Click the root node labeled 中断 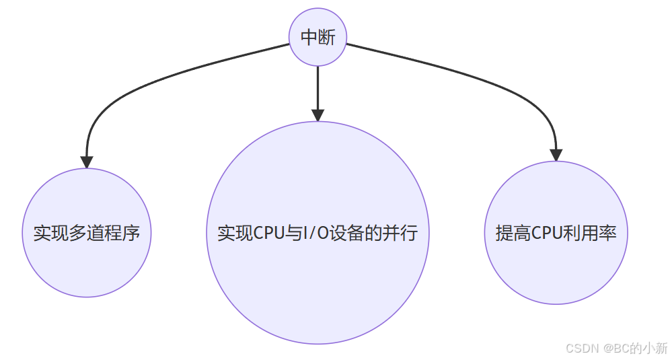point(318,37)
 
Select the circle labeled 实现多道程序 point(87,233)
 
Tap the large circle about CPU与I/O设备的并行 point(318,269)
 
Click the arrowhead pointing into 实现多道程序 point(86,161)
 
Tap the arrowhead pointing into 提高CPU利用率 point(556,155)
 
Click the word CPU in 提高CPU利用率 point(544,233)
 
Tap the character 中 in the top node point(309,38)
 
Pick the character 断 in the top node point(326,38)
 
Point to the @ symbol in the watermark point(607,349)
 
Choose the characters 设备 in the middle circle point(340,233)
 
